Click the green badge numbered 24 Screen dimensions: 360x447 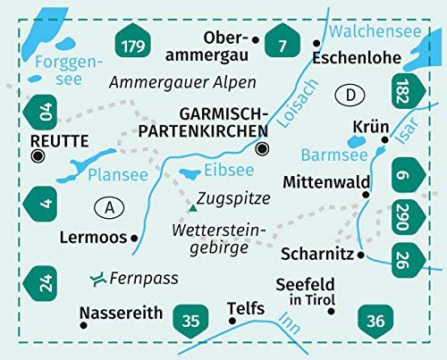[41, 285]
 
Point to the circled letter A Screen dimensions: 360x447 [108, 208]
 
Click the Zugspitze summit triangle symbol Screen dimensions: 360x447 [192, 208]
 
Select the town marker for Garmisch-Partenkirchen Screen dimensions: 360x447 [261, 149]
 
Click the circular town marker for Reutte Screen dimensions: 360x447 [38, 156]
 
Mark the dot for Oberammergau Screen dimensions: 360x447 [257, 39]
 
